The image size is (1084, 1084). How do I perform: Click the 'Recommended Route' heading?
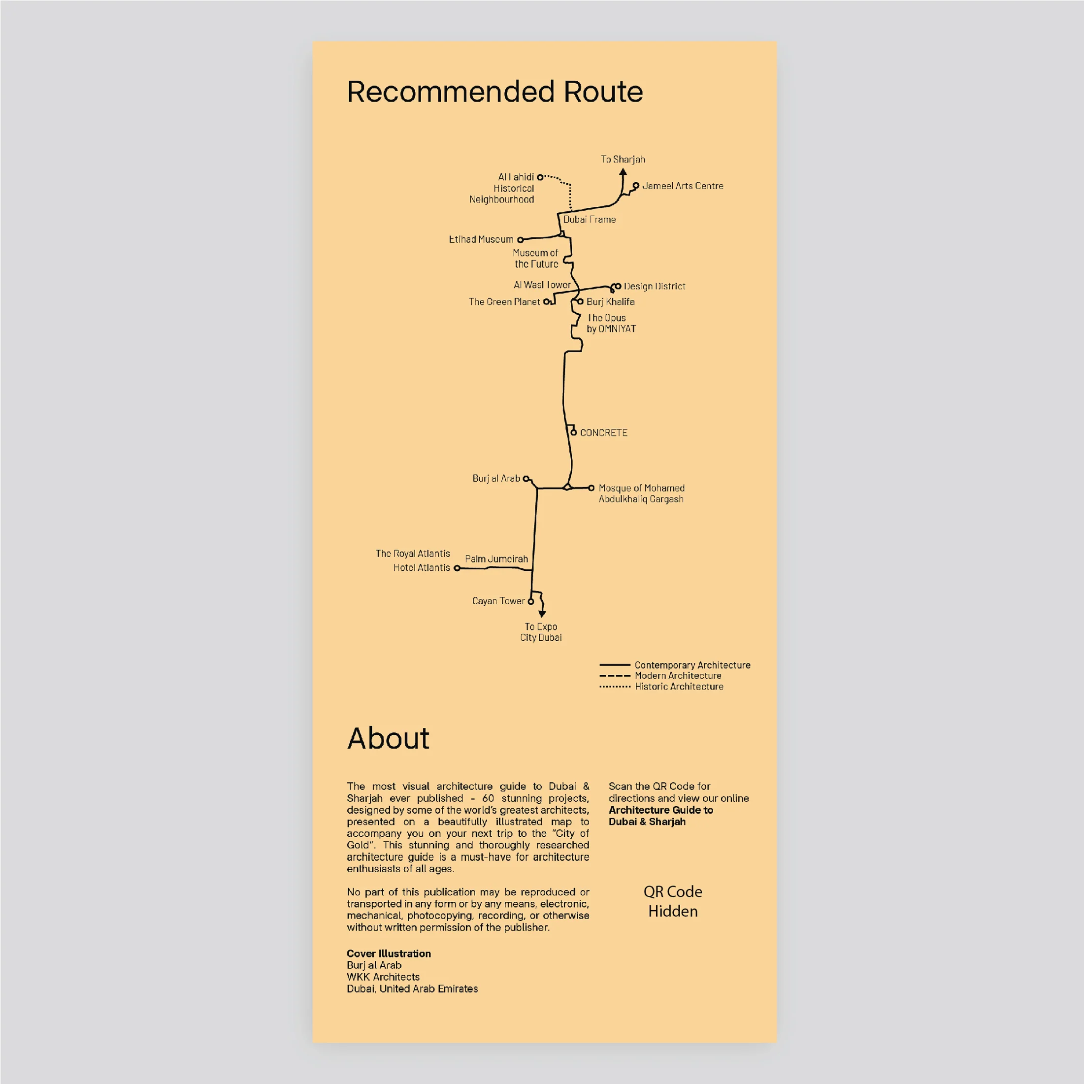click(495, 92)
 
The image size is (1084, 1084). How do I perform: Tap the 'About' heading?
click(388, 738)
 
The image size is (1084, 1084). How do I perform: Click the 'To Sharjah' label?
click(623, 160)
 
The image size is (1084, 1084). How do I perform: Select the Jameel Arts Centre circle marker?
click(636, 186)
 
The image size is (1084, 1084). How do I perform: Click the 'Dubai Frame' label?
click(589, 219)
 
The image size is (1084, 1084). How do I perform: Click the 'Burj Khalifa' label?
click(610, 302)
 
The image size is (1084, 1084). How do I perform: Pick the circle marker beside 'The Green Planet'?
click(546, 302)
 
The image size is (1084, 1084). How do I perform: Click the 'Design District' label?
click(654, 286)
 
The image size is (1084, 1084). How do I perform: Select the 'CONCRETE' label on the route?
click(604, 432)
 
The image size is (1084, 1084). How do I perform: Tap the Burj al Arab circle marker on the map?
click(526, 479)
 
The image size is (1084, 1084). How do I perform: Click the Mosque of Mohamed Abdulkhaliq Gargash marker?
click(591, 488)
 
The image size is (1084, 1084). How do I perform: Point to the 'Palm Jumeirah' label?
click(496, 559)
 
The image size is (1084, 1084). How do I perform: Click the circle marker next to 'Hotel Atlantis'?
click(457, 568)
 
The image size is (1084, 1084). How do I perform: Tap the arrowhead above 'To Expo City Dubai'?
click(542, 614)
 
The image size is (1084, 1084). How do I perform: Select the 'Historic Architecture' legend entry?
click(661, 687)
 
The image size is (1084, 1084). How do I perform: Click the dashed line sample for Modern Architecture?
click(615, 676)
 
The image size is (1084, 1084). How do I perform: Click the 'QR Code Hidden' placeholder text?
click(673, 902)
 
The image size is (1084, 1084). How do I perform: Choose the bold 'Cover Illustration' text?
click(389, 954)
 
